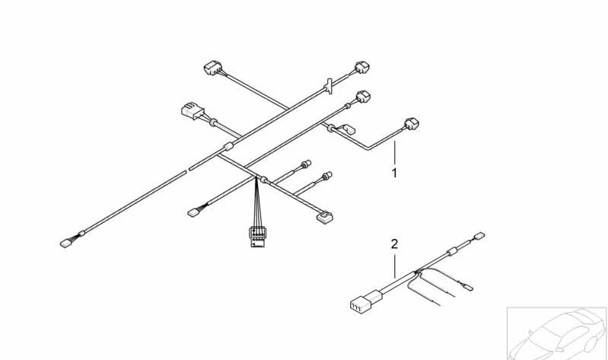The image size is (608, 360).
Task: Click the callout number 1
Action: coord(394,173)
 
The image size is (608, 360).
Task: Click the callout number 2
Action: coord(394,244)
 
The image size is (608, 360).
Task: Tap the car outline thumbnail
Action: coord(557,333)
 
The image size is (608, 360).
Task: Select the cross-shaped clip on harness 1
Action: coord(329,86)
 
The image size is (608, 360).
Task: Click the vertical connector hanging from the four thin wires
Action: coord(257,236)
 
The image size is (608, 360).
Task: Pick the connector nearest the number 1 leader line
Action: coord(412,123)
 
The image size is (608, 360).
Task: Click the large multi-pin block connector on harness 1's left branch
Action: coord(193,110)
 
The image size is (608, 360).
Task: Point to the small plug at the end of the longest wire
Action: coord(65,244)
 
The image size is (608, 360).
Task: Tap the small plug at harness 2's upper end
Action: coord(479,235)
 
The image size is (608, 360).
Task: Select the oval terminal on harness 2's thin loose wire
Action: coord(469,288)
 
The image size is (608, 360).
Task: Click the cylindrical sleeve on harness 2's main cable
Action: coord(451,251)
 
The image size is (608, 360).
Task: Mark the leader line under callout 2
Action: coord(395,266)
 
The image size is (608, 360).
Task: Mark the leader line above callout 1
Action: coord(395,152)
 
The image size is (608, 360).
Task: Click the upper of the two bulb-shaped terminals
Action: coord(307,164)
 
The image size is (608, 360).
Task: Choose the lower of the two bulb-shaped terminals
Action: coord(327,176)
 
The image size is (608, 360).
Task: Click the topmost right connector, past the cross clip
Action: coord(362,67)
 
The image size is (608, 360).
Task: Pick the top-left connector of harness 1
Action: coord(213,68)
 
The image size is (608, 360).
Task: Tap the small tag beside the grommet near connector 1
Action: coord(349,129)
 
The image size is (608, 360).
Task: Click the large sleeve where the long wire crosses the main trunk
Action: coord(228,147)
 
